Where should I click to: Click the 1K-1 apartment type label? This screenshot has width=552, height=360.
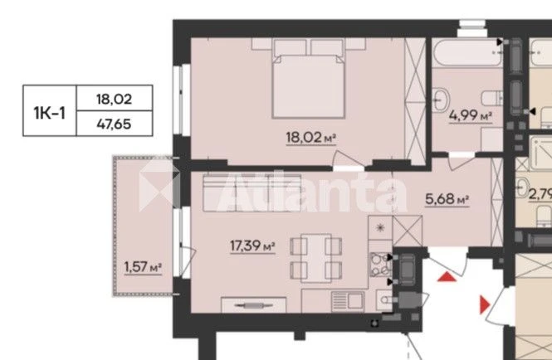click(49, 113)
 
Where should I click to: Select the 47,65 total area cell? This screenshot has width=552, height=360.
click(114, 124)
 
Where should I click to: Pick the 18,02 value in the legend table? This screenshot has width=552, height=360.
click(114, 100)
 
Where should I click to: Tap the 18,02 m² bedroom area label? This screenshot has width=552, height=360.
click(310, 137)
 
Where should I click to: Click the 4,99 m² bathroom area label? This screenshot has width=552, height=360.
click(471, 115)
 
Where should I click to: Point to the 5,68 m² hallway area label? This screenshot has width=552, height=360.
click(447, 199)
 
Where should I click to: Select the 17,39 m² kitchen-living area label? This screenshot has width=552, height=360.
click(252, 246)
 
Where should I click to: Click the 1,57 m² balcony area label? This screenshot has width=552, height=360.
click(143, 267)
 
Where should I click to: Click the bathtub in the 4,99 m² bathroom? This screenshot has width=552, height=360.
click(467, 52)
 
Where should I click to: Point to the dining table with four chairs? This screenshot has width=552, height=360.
click(315, 258)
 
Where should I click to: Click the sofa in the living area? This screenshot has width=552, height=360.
click(252, 192)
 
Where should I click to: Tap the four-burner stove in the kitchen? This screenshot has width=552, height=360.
click(380, 264)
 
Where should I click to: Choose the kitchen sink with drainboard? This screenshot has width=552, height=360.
click(348, 301)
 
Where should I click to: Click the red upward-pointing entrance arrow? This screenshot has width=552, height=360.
click(447, 277)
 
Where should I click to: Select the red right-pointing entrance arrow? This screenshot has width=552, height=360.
click(485, 304)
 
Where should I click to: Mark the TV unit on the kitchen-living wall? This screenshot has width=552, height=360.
click(253, 305)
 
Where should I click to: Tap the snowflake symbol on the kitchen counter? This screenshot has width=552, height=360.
click(380, 227)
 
